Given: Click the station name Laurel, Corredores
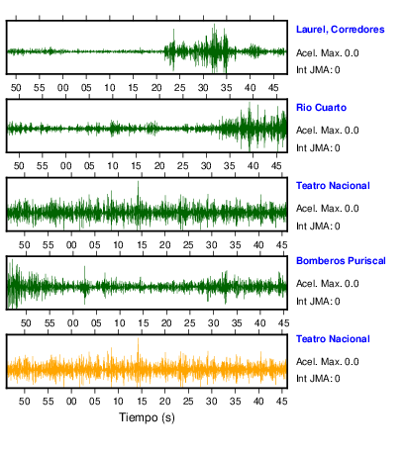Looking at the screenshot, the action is pyautogui.click(x=341, y=30).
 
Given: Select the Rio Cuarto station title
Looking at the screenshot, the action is pyautogui.click(x=321, y=108).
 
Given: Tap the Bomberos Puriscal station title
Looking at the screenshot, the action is pyautogui.click(x=341, y=261).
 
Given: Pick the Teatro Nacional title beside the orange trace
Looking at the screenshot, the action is pyautogui.click(x=333, y=339).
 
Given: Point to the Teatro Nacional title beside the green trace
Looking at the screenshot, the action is pyautogui.click(x=333, y=186).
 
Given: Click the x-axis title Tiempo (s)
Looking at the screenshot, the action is pyautogui.click(x=147, y=417).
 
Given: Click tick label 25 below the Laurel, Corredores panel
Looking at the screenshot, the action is pyautogui.click(x=179, y=88).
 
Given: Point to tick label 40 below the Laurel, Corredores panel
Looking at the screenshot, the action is pyautogui.click(x=250, y=88).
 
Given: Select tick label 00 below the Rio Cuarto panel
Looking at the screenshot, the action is pyautogui.click(x=65, y=166).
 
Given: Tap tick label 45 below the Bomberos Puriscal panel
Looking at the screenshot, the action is pyautogui.click(x=283, y=323).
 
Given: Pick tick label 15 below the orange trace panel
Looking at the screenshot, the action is pyautogui.click(x=142, y=402).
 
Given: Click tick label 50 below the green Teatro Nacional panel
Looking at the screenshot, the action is pyautogui.click(x=24, y=245).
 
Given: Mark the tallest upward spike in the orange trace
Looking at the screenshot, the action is pyautogui.click(x=138, y=338).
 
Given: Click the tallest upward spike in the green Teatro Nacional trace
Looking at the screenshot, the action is pyautogui.click(x=138, y=182).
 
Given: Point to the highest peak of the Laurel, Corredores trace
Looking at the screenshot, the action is pyautogui.click(x=214, y=25).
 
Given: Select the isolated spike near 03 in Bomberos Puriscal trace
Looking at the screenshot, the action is pyautogui.click(x=84, y=267).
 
